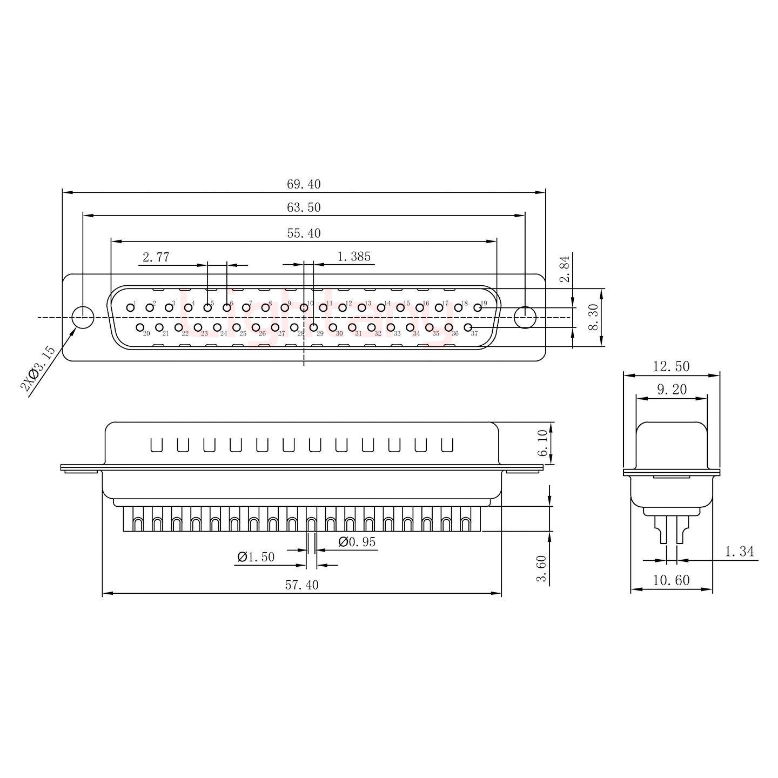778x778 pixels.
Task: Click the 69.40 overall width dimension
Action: (304, 184)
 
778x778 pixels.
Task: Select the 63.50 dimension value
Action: (304, 207)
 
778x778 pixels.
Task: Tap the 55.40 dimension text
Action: (304, 233)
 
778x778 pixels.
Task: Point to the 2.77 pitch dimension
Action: (156, 257)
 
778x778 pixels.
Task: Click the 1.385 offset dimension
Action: (354, 256)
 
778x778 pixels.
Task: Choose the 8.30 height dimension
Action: (593, 317)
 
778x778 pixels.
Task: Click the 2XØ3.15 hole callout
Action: (38, 369)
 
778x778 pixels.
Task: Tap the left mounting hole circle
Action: (83, 317)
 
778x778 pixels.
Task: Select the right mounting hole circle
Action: (524, 317)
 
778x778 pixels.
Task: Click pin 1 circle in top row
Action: (130, 308)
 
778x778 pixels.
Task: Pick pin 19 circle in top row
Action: (478, 308)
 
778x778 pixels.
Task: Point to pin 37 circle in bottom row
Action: (468, 327)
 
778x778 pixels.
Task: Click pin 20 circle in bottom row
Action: (140, 327)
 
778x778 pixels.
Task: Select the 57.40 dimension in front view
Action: (302, 585)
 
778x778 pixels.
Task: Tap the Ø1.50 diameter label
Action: (256, 557)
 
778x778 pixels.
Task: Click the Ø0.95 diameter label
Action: (357, 542)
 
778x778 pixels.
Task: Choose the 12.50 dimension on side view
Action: (671, 366)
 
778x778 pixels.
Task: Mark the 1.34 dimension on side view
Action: (739, 552)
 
